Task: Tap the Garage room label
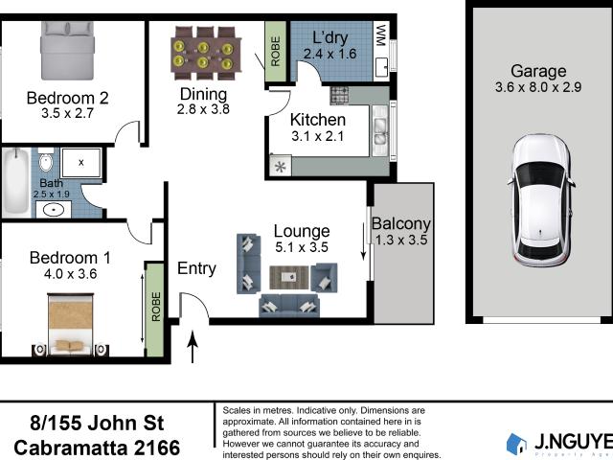[x=537, y=71]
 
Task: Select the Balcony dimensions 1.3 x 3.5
[x=401, y=241]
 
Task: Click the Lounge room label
[x=301, y=231]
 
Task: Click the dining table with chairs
[x=203, y=55]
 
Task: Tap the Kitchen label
[x=318, y=120]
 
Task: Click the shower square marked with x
[x=80, y=164]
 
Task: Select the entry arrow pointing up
[x=193, y=347]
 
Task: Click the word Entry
[x=196, y=269]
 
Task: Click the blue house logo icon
[x=516, y=443]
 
